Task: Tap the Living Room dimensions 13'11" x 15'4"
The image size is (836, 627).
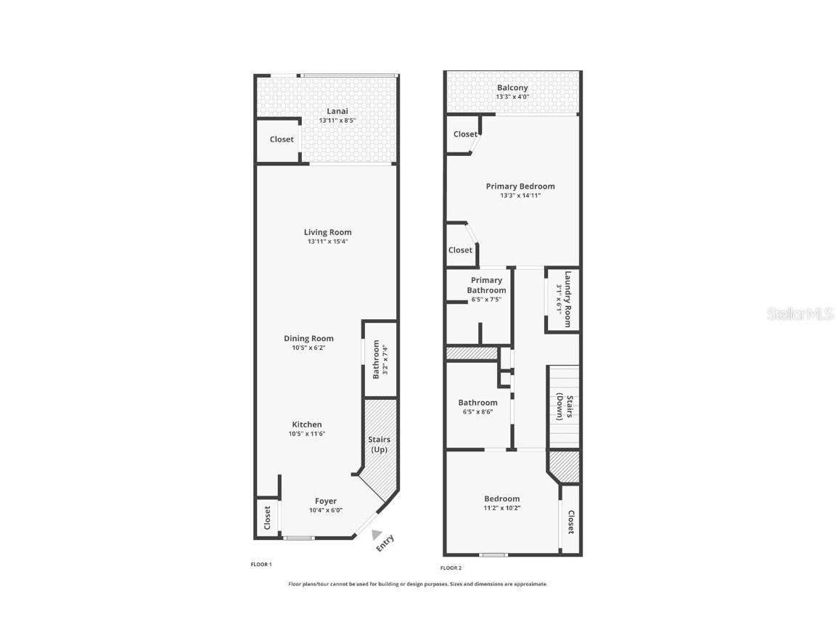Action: click(328, 242)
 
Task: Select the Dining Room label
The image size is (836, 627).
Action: click(308, 338)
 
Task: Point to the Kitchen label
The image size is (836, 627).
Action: click(307, 425)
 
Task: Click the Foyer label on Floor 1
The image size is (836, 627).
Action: click(325, 501)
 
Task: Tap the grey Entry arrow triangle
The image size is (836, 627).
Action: click(376, 535)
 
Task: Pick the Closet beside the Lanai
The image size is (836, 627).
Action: click(282, 139)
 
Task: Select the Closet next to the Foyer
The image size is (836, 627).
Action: click(267, 517)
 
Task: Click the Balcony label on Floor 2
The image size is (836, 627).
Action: click(512, 88)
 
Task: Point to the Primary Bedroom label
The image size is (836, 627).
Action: click(520, 187)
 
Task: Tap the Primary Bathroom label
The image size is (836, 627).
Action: click(486, 285)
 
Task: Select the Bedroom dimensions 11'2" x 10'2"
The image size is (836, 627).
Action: click(502, 508)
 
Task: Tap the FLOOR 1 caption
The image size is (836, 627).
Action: click(261, 564)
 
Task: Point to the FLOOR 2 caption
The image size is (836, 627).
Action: click(451, 567)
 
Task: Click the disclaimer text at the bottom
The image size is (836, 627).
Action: click(418, 583)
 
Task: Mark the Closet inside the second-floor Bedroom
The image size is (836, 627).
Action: click(571, 521)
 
